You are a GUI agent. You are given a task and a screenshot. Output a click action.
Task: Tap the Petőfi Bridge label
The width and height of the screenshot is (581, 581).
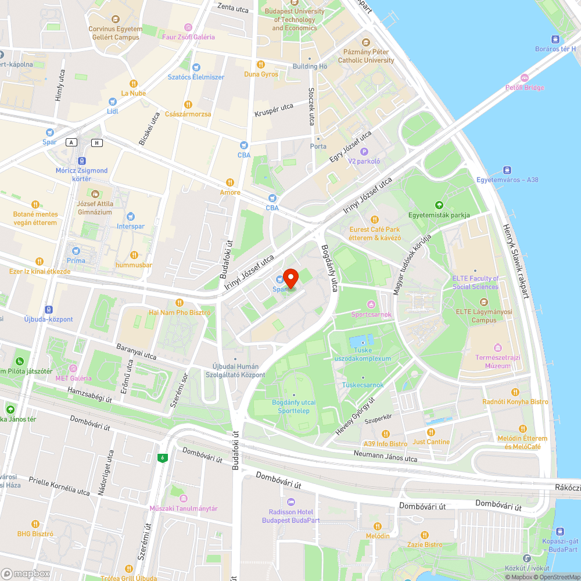(524, 88)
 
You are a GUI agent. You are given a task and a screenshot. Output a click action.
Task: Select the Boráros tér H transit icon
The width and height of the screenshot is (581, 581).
(555, 40)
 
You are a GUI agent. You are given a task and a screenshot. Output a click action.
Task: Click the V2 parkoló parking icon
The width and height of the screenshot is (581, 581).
(364, 152)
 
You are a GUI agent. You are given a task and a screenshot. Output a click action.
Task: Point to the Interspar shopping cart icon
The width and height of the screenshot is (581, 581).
(130, 217)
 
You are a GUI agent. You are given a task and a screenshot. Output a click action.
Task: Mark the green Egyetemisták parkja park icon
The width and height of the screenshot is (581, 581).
(439, 205)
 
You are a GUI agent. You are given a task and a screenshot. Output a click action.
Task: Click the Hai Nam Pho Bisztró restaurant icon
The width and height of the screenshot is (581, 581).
(179, 303)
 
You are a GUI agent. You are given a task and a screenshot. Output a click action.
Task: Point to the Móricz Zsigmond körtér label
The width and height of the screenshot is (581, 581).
(81, 174)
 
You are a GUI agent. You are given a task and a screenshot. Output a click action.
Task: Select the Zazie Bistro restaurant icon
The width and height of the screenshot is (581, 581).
(424, 535)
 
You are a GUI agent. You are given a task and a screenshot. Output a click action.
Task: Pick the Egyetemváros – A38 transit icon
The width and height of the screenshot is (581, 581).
(507, 170)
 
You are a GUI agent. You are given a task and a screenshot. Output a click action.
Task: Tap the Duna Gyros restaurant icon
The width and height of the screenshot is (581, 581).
(261, 64)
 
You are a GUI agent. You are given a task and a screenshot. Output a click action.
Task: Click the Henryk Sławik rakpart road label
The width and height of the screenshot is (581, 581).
(515, 261)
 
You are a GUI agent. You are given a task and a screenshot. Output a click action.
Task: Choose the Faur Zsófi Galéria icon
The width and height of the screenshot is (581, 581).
(188, 27)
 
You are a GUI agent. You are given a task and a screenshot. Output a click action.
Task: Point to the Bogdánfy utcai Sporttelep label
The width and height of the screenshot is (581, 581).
(293, 407)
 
